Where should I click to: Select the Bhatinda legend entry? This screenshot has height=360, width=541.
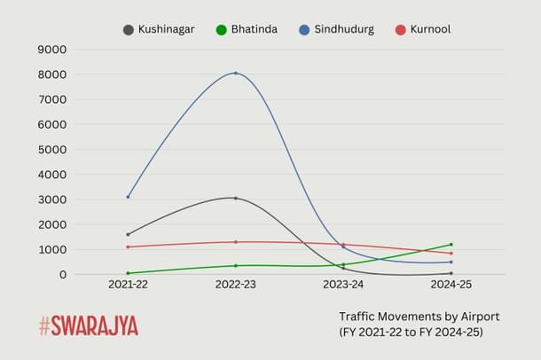(254, 29)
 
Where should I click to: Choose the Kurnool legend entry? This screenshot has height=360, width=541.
(430, 29)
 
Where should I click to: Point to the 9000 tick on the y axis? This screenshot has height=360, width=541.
(51, 50)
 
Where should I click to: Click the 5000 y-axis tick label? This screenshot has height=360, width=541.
(51, 150)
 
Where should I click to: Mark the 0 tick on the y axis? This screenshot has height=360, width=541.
(62, 275)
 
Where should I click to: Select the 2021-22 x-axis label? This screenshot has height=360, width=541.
(128, 285)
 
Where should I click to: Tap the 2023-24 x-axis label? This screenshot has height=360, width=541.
(343, 285)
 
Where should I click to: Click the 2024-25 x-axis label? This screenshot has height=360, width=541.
(451, 285)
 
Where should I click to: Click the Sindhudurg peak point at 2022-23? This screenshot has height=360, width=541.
(235, 73)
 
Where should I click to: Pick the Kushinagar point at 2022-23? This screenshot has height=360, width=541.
(235, 198)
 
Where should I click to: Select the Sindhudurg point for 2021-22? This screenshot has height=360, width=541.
(128, 197)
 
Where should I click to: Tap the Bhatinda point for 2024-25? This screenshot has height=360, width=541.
(451, 245)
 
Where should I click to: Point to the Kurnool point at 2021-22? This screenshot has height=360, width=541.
(128, 247)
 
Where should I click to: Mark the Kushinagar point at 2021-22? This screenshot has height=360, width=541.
(128, 234)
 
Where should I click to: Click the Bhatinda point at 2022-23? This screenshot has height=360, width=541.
(235, 266)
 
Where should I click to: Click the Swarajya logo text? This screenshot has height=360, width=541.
(96, 325)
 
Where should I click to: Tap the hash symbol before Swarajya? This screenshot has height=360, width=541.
(45, 325)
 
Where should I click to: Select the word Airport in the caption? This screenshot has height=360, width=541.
(478, 316)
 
